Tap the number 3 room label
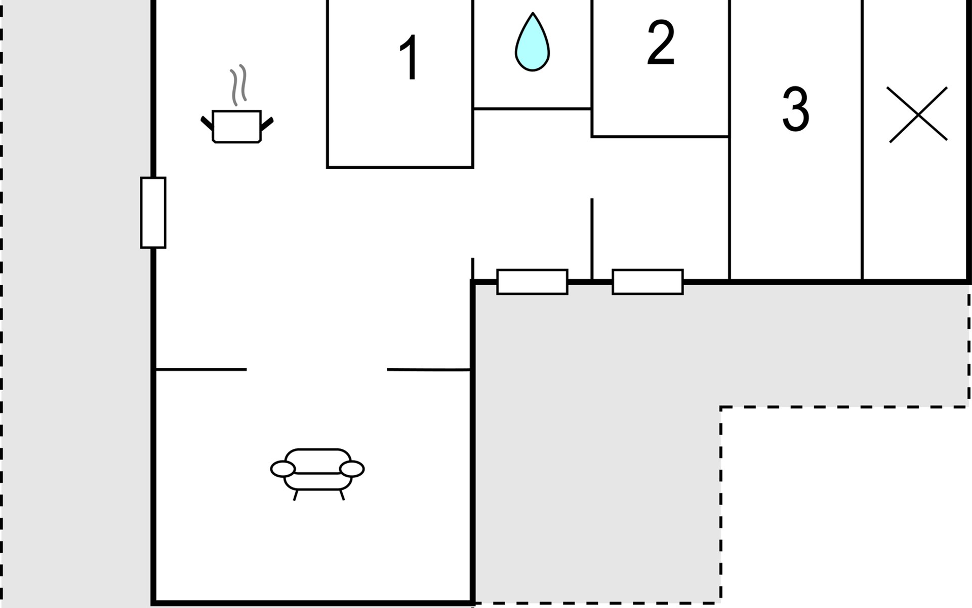[795, 109]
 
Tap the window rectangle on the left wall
[153, 213]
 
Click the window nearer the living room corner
[532, 282]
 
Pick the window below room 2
[647, 282]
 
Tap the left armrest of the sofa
[282, 469]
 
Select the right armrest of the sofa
[352, 469]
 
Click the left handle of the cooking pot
[207, 123]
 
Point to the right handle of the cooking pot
[267, 123]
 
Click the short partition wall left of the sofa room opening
[201, 369]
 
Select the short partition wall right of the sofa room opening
[428, 370]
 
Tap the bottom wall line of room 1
[400, 167]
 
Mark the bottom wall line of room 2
[660, 136]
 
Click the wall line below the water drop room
[532, 108]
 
